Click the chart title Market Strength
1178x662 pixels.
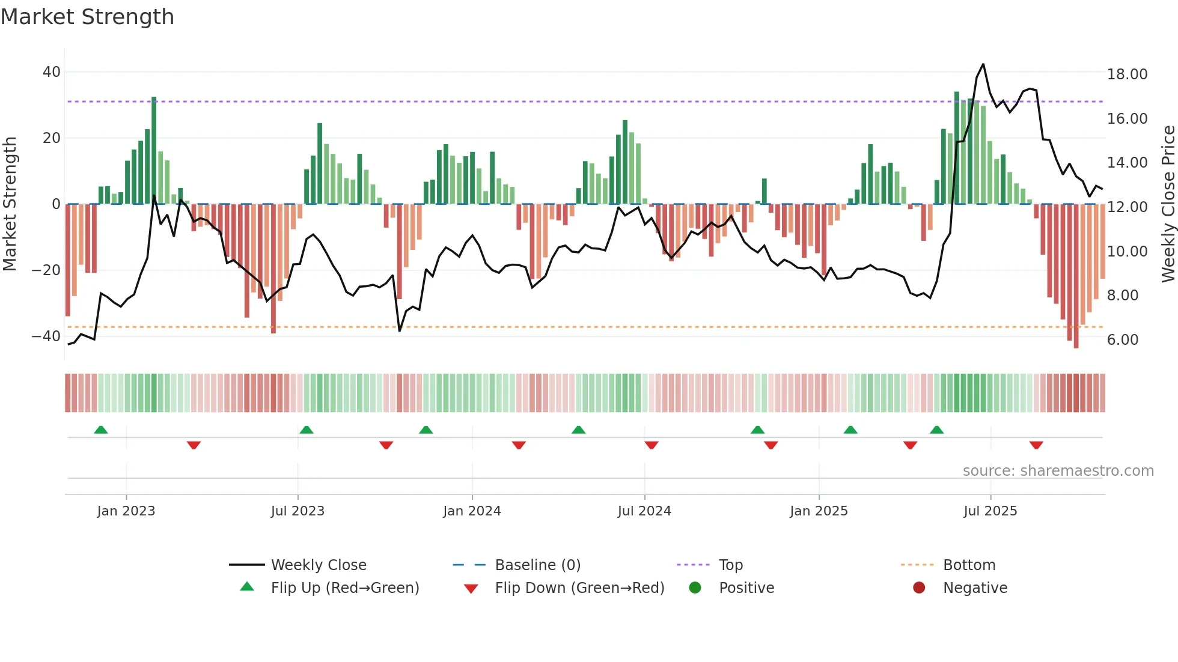87,17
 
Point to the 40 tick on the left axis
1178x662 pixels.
52,72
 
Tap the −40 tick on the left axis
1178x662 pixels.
46,336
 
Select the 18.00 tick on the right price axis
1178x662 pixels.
1127,74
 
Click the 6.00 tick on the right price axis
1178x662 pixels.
1123,340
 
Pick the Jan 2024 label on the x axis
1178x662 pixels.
472,511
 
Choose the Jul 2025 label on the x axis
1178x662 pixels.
990,511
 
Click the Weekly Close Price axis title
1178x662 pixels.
1168,204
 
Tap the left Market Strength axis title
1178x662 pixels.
10,204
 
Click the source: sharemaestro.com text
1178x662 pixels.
1058,471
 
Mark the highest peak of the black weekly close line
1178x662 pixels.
983,64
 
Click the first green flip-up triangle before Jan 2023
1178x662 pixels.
101,430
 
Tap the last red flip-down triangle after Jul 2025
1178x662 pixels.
1036,445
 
